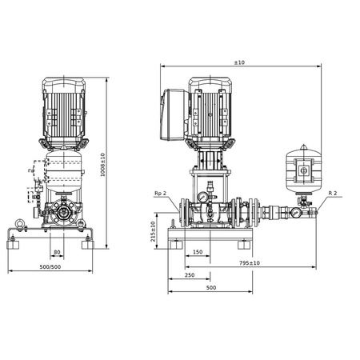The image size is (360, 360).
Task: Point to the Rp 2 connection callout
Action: click(160, 194)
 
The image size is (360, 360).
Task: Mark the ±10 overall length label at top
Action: click(238, 62)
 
